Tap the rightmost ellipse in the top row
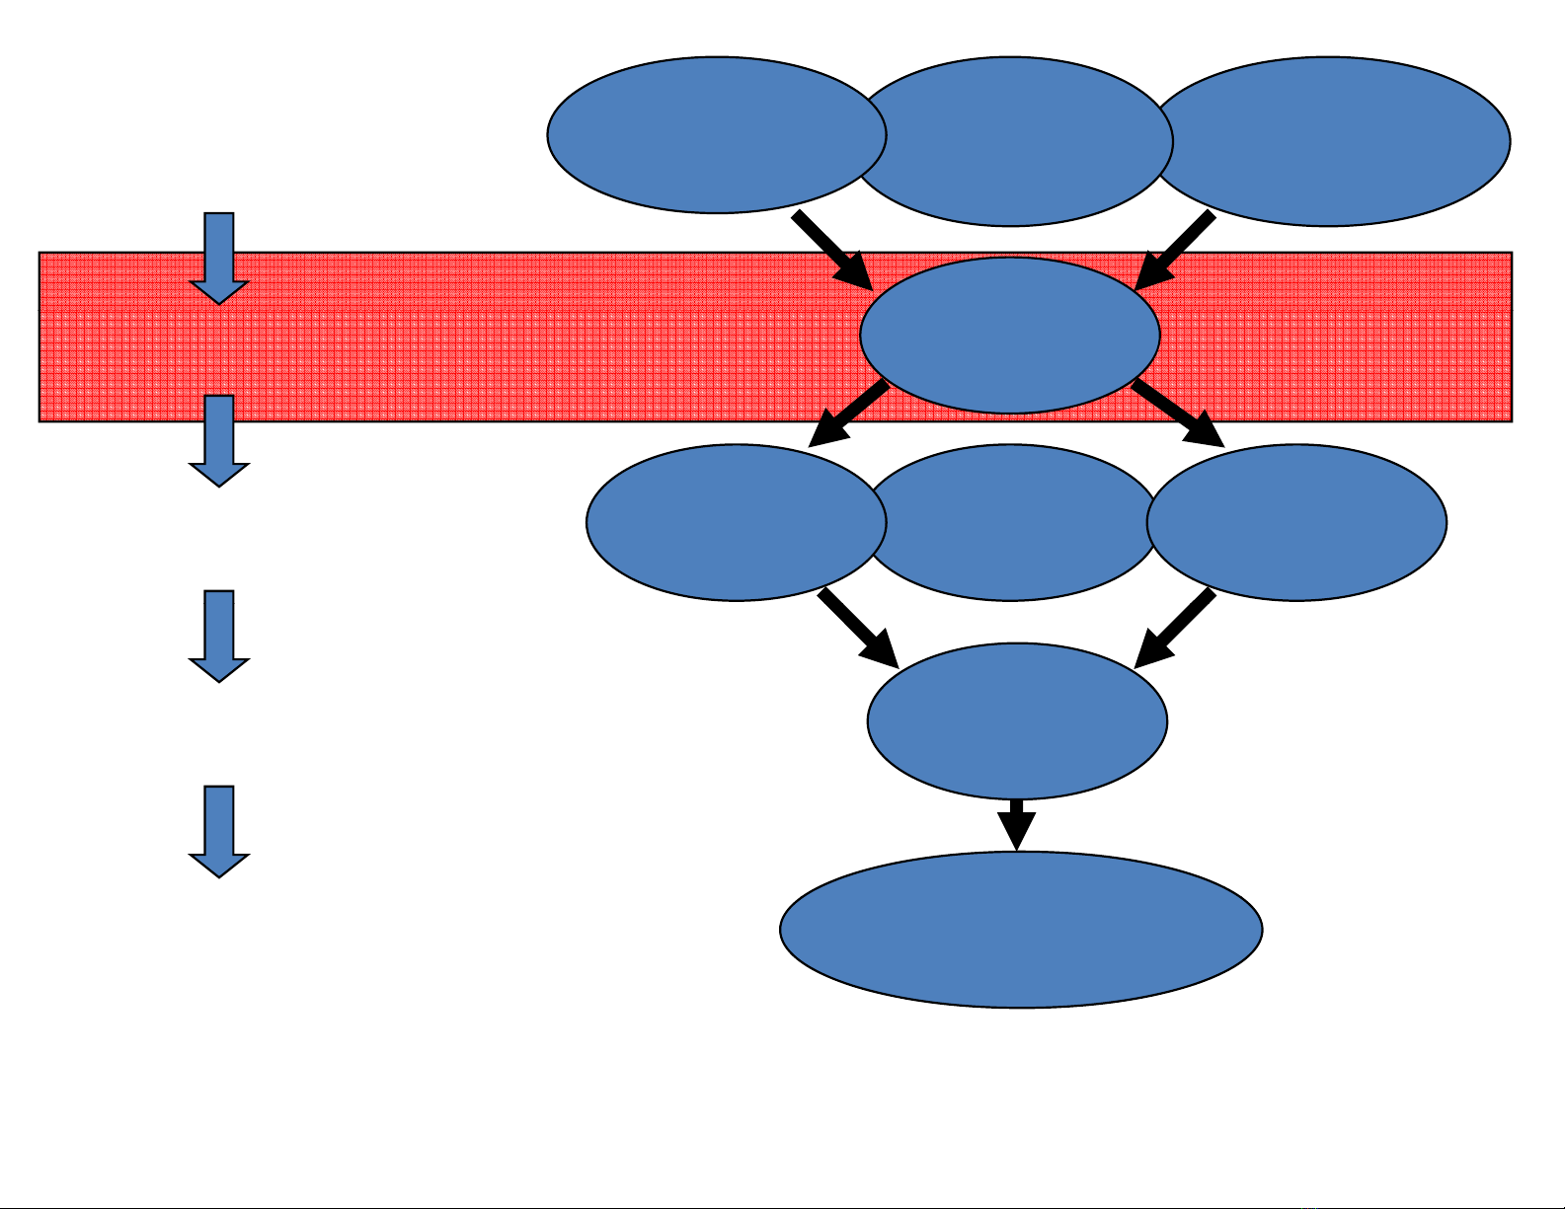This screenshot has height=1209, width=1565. pos(1333,141)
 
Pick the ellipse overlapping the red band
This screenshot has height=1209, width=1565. pos(1010,335)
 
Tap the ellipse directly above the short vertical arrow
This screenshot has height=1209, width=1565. pos(1017,720)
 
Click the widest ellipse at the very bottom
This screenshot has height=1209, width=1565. pos(1021,929)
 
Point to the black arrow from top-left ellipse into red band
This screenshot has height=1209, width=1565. pos(832,251)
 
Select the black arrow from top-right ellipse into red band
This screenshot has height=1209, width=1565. pos(1175,251)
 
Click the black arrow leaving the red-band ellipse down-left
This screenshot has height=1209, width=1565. pos(848,416)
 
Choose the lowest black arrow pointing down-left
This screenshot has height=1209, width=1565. pos(1174,629)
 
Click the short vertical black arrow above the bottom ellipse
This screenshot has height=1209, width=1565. pos(1016,824)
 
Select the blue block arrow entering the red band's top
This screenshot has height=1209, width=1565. pos(218,258)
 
